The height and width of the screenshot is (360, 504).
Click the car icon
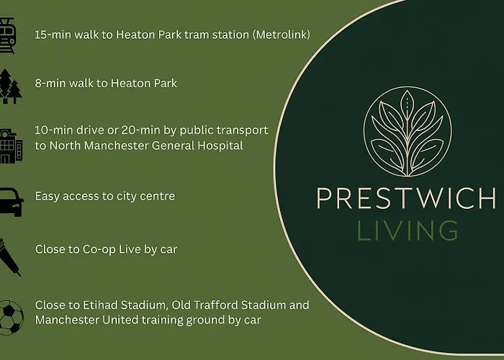11,198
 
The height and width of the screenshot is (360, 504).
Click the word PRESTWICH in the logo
407,198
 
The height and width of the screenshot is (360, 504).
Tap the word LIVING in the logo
408,230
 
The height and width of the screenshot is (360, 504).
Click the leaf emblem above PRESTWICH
408,130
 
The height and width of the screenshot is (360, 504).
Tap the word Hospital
217,145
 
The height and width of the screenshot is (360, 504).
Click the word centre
157,196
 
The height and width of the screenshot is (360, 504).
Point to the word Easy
48,196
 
